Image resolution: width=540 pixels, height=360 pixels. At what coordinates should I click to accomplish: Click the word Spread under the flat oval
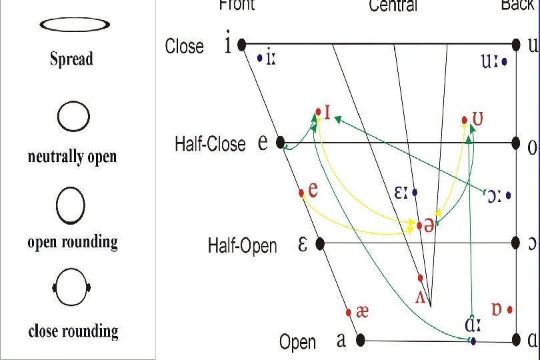tap(71, 59)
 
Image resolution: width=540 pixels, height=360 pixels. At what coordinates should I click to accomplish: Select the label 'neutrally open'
tap(72, 157)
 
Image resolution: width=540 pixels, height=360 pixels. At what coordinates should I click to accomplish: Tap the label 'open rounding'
tap(73, 242)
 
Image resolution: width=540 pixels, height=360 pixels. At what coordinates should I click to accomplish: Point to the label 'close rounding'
tap(73, 331)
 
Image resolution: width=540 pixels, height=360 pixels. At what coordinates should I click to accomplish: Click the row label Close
tap(185, 47)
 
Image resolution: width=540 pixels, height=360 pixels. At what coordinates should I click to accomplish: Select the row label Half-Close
tap(210, 143)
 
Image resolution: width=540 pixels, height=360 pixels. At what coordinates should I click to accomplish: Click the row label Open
tap(297, 342)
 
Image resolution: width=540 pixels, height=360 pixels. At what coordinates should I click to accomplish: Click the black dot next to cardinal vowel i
tap(242, 45)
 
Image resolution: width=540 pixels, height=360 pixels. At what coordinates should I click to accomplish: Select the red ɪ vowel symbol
tap(327, 111)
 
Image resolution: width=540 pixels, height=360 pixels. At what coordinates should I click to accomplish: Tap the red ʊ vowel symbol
tap(477, 119)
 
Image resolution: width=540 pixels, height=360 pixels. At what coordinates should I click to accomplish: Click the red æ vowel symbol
tap(363, 311)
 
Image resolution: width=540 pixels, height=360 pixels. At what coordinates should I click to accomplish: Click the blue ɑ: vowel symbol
tap(473, 327)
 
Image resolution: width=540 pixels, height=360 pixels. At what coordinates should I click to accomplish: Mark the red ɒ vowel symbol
tap(496, 309)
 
